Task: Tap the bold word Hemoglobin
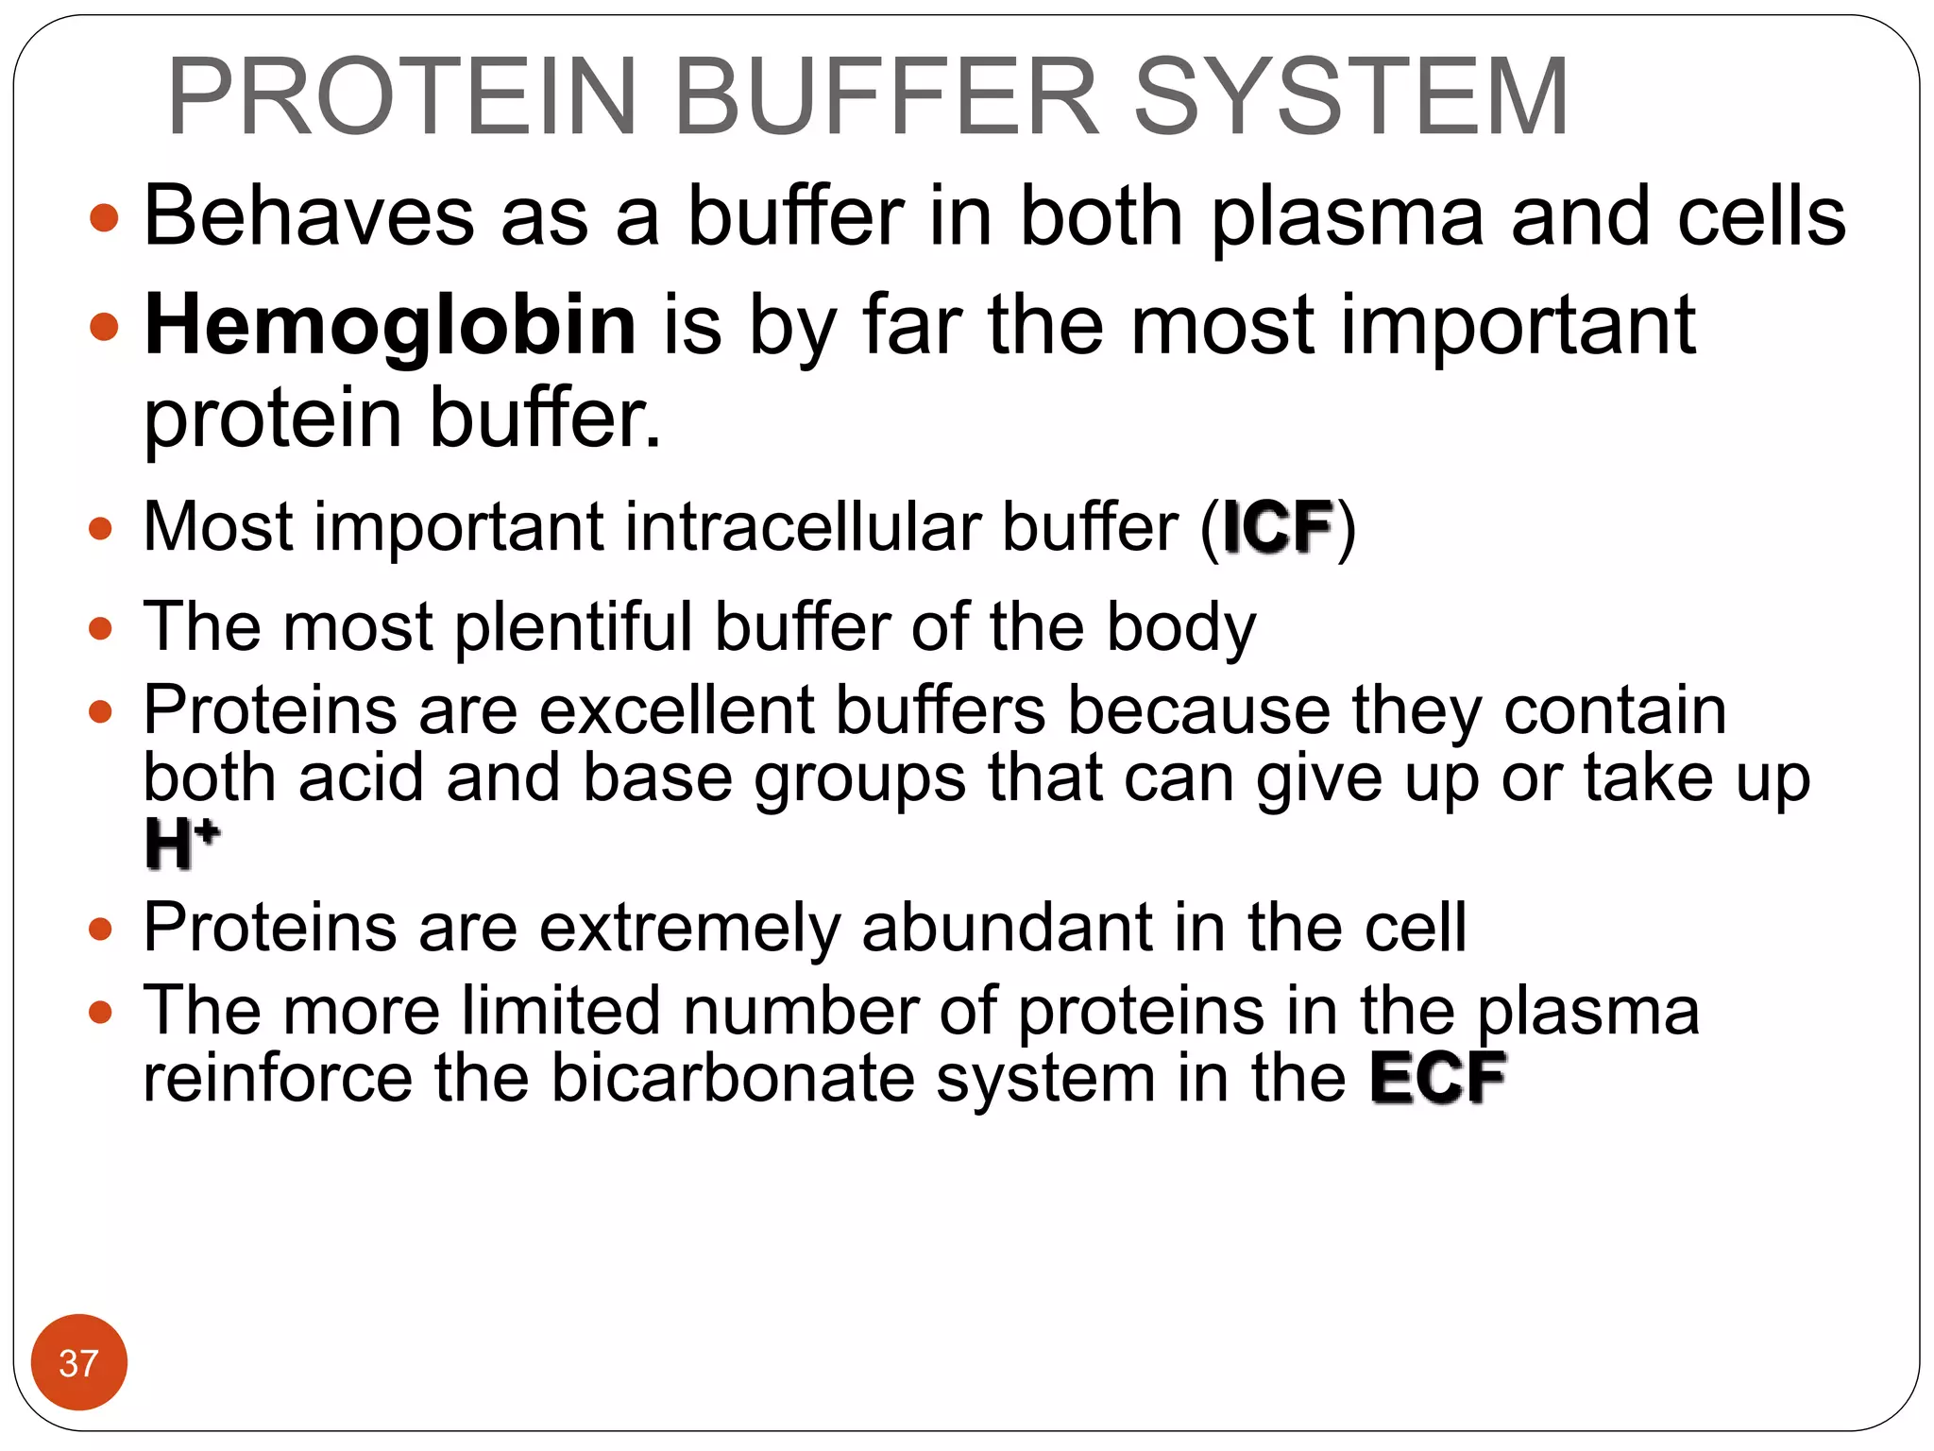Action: [390, 326]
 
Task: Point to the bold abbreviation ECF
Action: [1437, 1078]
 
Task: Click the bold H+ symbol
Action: [181, 844]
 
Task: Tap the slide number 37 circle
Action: [78, 1362]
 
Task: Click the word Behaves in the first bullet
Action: [309, 217]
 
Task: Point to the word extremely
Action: [689, 928]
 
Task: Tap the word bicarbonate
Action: [733, 1078]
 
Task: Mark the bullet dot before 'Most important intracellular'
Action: [101, 528]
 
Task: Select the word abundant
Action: [1006, 928]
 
